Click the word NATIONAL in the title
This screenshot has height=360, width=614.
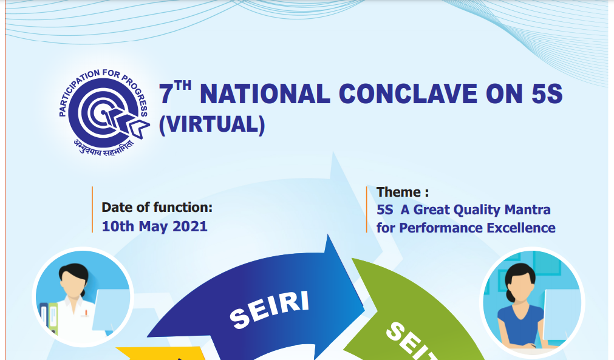265,94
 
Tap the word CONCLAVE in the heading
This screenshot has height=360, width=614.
408,94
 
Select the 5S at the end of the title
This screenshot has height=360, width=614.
547,94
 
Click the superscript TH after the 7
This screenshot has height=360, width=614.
183,86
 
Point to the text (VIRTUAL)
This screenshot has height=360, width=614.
212,125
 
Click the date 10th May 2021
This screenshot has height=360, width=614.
154,226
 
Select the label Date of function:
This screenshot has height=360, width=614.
157,208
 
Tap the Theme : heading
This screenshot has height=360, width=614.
403,192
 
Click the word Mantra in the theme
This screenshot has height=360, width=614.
528,209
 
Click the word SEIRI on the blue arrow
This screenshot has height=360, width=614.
270,309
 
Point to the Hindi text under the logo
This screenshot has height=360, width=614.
104,147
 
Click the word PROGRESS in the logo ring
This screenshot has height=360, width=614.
135,94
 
